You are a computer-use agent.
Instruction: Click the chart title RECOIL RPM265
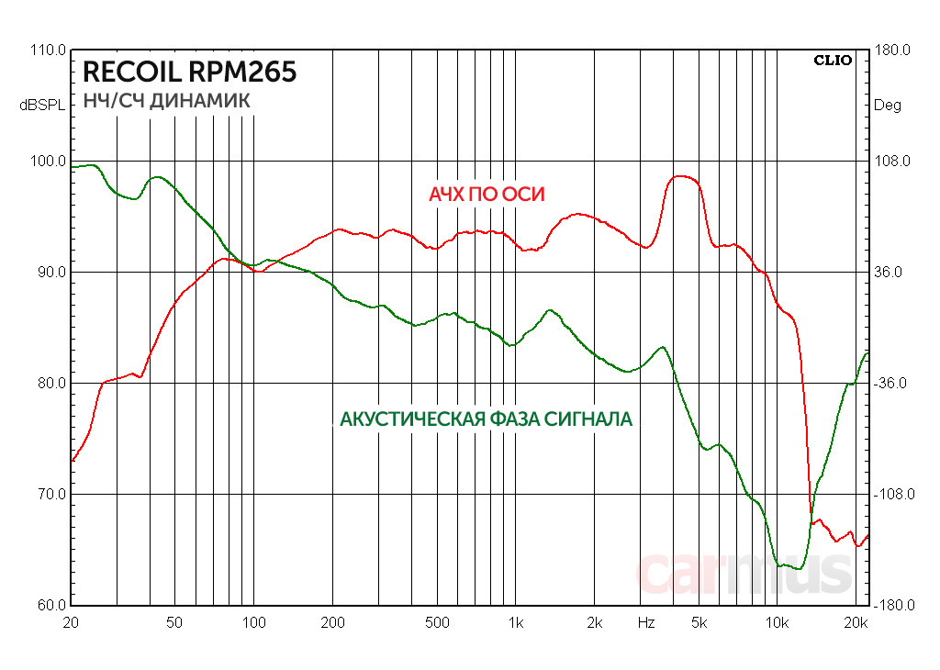[x=190, y=72]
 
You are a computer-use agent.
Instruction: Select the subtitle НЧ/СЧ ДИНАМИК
[x=166, y=101]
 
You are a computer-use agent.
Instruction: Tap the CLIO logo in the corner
[x=833, y=61]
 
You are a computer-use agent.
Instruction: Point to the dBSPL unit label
[x=42, y=106]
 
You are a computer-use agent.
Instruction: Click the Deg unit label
[x=888, y=106]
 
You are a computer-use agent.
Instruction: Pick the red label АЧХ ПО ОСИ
[x=487, y=195]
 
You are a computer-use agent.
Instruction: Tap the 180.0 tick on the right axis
[x=891, y=50]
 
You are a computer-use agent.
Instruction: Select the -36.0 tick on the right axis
[x=891, y=384]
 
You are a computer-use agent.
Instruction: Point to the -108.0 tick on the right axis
[x=891, y=495]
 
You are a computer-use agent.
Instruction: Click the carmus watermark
[x=744, y=574]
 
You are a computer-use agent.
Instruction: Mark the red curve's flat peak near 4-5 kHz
[x=684, y=177]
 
